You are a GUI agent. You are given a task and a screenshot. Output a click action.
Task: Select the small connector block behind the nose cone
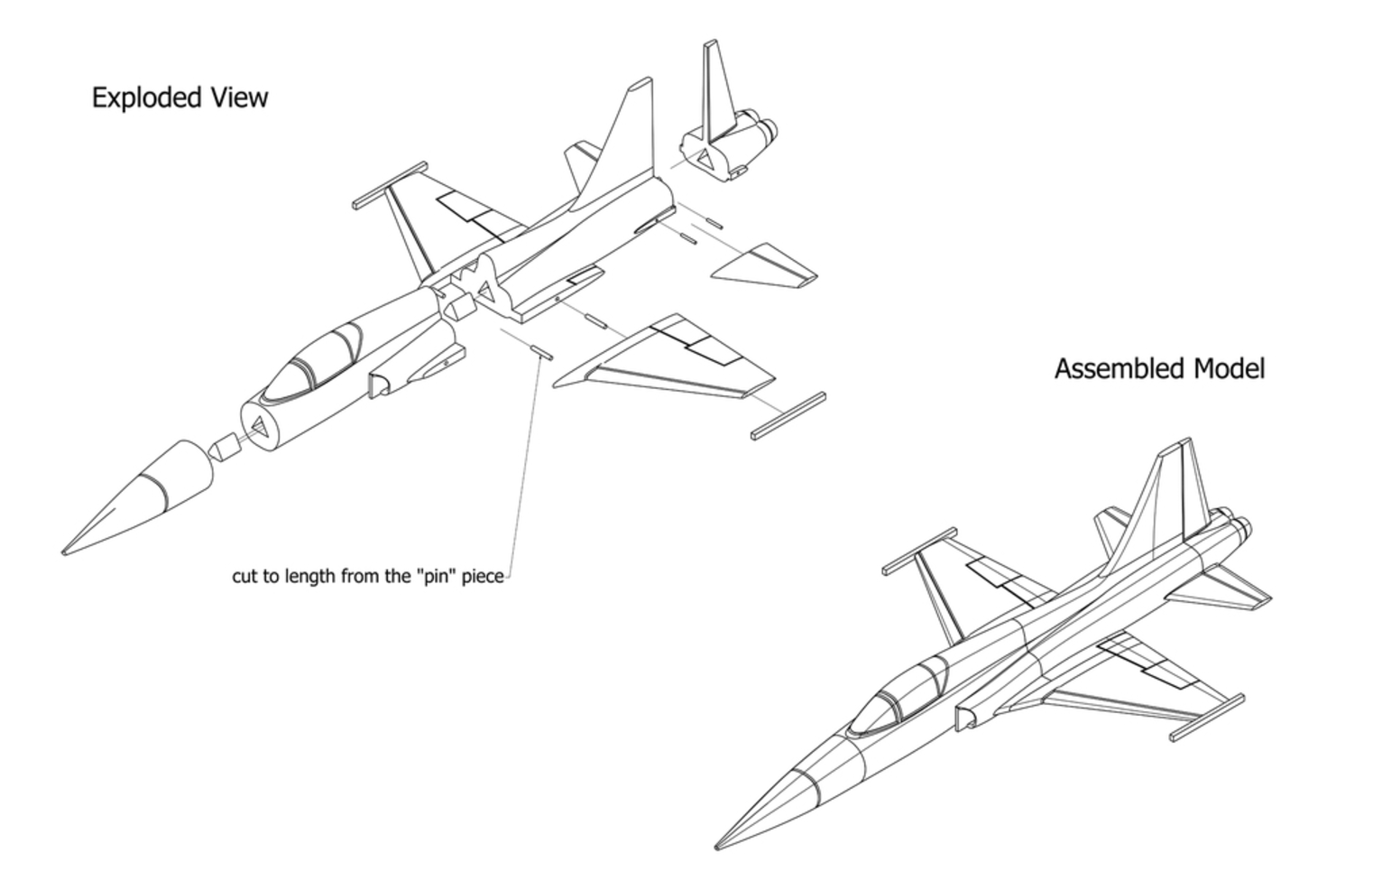(x=224, y=447)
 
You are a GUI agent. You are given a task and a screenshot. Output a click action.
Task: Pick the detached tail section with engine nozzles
(x=729, y=135)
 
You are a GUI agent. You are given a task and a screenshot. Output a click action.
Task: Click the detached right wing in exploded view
(x=668, y=361)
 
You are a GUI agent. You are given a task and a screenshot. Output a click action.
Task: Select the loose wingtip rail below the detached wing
(x=788, y=416)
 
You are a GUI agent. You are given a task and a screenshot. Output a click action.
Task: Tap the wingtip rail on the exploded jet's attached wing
(x=389, y=185)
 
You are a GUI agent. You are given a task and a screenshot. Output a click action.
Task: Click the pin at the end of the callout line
(x=541, y=352)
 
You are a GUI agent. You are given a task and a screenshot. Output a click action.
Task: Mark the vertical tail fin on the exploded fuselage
(x=623, y=144)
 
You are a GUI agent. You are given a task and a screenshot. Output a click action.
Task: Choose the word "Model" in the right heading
(x=1229, y=369)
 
